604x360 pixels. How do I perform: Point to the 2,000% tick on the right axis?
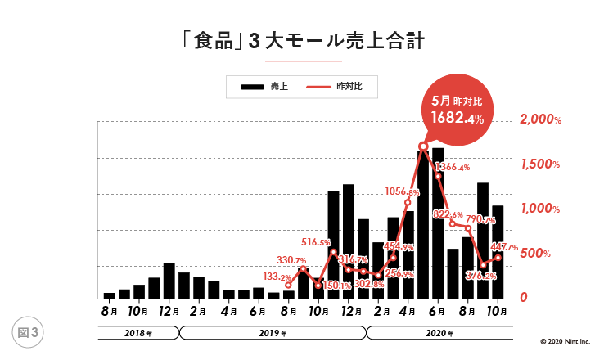tap(540, 119)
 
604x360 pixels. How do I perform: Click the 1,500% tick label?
tap(540, 164)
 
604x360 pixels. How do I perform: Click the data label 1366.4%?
tap(452, 168)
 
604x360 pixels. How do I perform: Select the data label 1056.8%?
tap(402, 193)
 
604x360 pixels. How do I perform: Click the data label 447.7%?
tap(505, 247)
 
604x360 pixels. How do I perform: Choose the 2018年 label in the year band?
tap(138, 333)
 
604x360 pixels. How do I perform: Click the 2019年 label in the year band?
tap(273, 333)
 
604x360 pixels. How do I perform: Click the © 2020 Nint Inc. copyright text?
tap(567, 341)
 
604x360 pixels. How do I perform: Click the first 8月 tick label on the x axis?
tap(110, 311)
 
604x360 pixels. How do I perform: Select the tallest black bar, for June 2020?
tap(438, 221)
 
